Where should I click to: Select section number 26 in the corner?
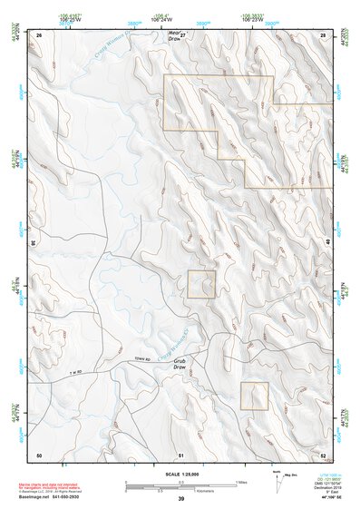39,34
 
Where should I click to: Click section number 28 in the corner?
324,34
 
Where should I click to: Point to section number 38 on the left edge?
34,243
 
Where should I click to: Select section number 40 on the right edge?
327,243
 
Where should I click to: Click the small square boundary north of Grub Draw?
201,284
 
